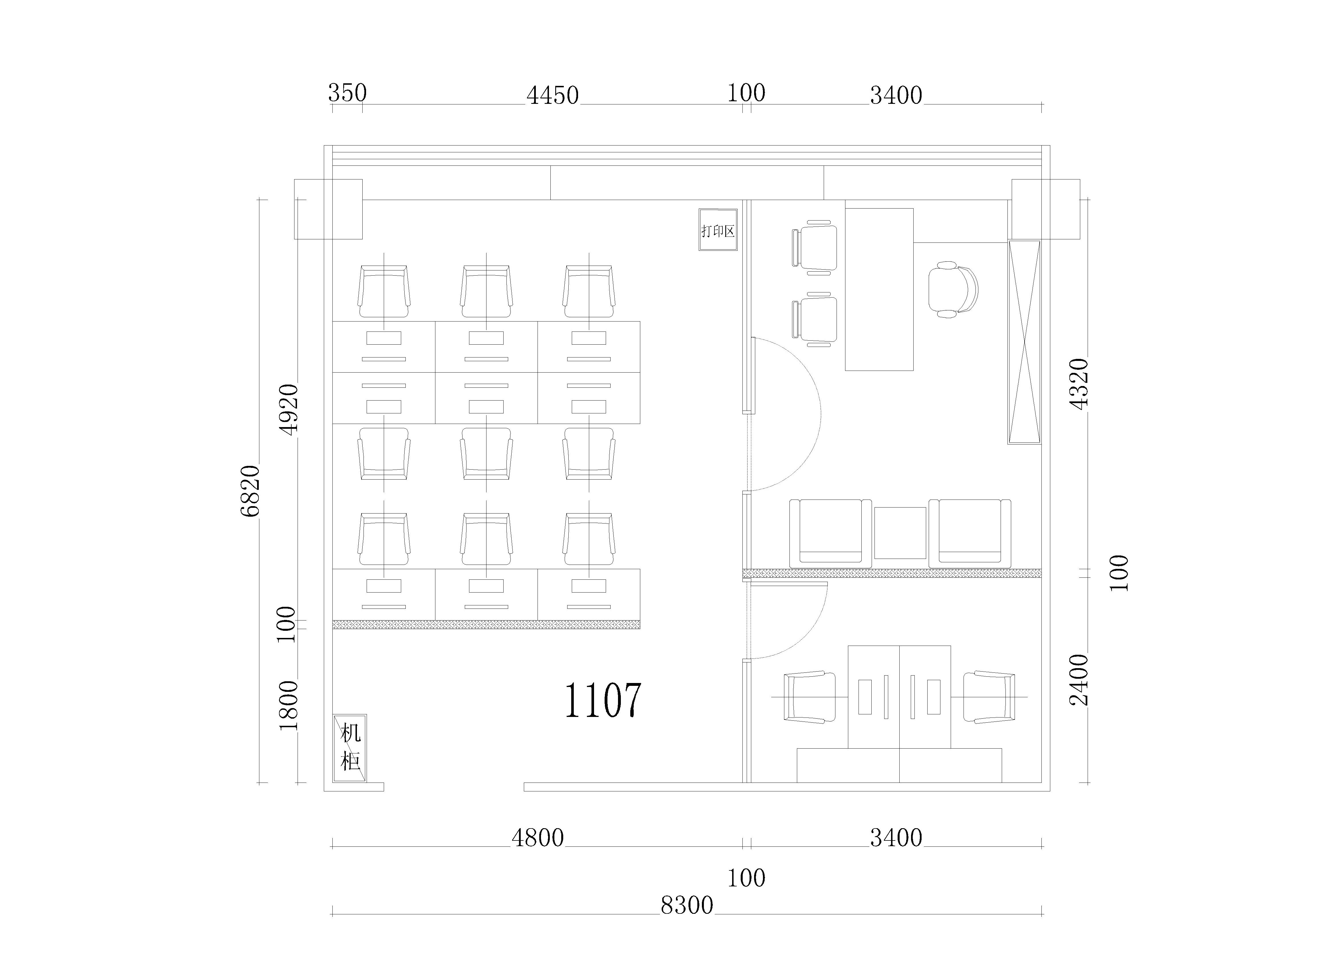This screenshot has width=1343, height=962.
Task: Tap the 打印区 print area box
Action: (x=718, y=230)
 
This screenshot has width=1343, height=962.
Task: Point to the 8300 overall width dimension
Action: (x=687, y=906)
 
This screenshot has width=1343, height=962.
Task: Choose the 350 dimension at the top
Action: (x=348, y=93)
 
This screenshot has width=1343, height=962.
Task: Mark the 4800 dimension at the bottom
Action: (x=538, y=838)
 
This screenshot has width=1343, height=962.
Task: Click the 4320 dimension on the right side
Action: (x=1079, y=384)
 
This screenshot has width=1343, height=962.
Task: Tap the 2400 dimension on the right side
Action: (x=1079, y=680)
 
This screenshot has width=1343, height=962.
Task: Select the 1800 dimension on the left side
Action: (x=288, y=706)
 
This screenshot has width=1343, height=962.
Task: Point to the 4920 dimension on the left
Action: (x=288, y=410)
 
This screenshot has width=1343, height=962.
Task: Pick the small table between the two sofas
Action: (x=900, y=533)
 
